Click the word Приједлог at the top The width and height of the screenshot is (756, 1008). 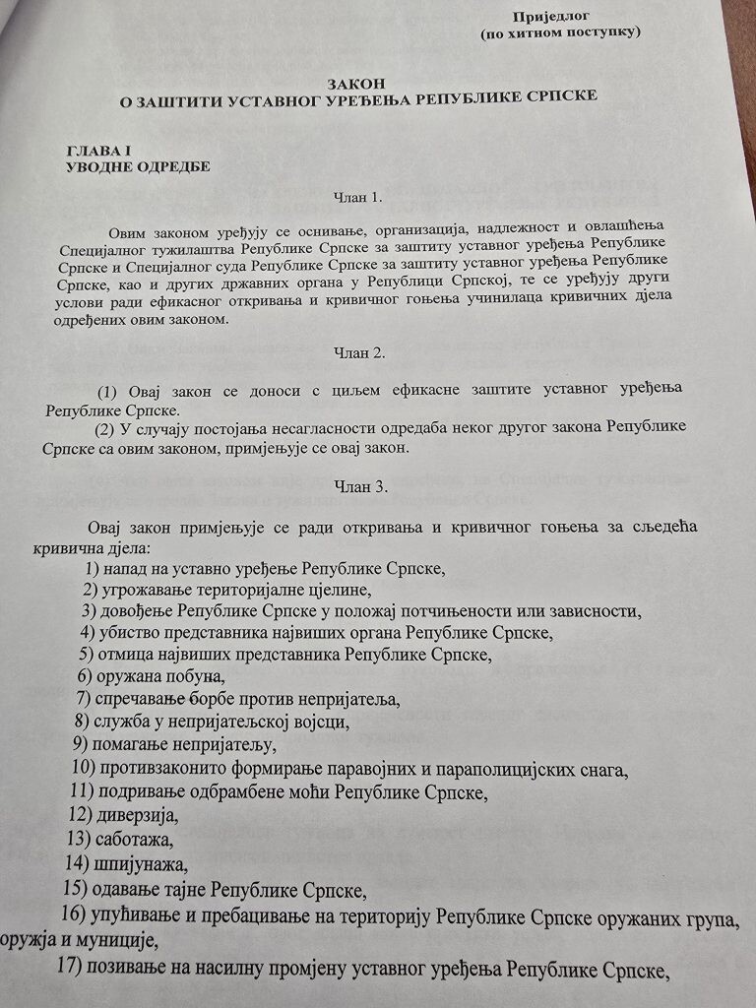554,15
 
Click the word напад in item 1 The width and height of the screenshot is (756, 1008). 125,568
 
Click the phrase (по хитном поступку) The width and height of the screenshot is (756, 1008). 561,32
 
